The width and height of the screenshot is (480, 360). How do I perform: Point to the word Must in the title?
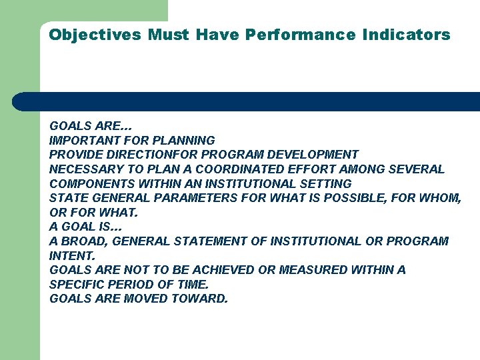tap(169, 35)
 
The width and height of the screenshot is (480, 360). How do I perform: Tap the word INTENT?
tap(72, 255)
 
